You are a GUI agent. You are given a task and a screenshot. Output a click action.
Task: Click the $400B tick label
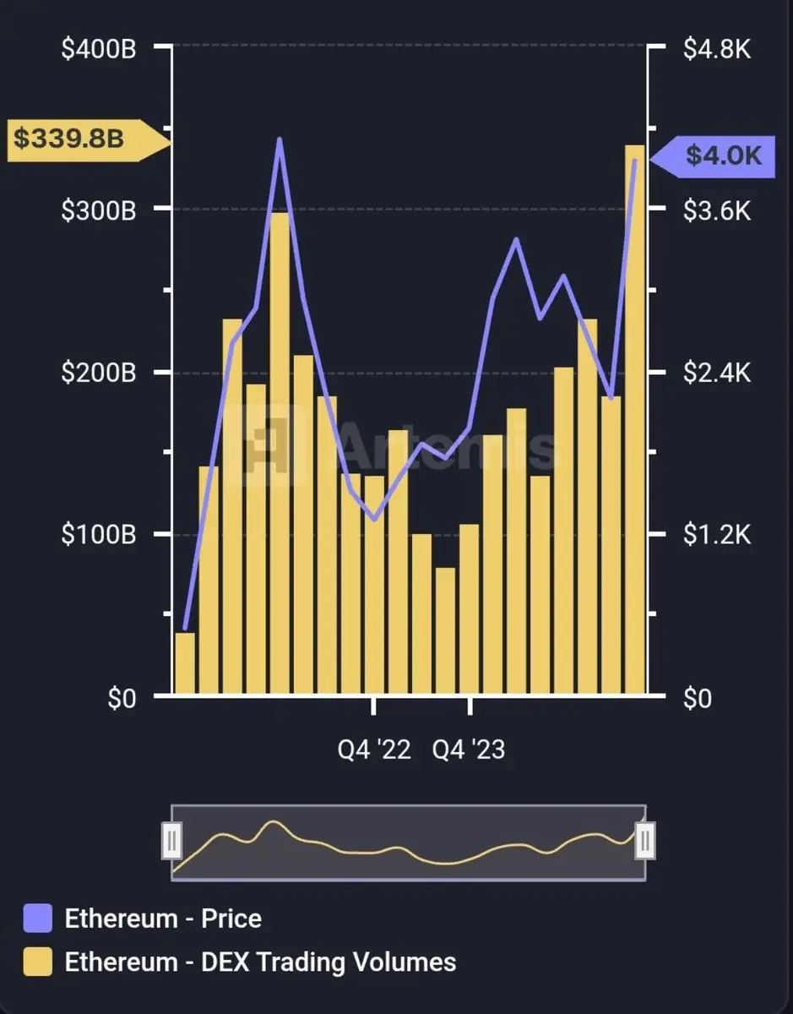99,49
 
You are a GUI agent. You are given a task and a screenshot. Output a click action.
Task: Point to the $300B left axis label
99,210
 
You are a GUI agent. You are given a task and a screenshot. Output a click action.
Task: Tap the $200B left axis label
99,373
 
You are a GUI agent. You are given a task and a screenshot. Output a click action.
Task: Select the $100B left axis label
99,535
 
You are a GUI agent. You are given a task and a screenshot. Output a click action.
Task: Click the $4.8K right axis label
716,49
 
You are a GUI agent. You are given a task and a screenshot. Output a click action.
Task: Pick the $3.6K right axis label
716,210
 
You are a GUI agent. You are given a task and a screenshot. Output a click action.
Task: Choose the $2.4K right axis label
716,373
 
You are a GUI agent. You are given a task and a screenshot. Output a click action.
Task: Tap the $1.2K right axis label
716,535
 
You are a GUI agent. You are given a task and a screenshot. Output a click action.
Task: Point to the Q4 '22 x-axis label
374,750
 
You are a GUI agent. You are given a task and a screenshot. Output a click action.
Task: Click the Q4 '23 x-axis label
469,750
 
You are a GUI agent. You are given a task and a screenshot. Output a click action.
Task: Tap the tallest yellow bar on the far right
634,422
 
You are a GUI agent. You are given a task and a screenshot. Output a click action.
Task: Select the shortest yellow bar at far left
185,664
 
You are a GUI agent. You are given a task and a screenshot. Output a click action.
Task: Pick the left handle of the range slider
171,841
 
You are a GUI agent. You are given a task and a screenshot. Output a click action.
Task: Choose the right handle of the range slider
645,841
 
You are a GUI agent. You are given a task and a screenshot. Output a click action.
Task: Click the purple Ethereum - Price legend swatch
38,919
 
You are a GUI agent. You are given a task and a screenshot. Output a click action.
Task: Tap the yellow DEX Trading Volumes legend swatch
38,962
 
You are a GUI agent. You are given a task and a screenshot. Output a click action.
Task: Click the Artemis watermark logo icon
273,444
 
